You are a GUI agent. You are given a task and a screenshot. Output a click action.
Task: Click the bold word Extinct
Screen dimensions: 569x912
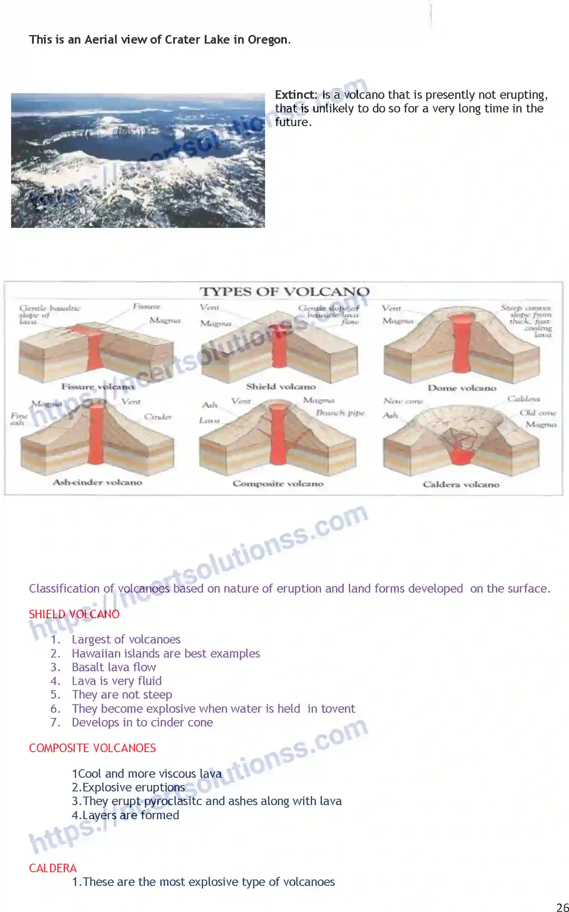[x=295, y=95]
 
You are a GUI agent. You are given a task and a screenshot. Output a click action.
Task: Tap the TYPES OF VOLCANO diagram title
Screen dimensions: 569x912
[x=284, y=292]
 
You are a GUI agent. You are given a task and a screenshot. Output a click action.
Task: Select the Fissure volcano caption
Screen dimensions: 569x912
[x=97, y=387]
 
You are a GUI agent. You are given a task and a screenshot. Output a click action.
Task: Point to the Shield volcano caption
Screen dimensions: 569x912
[x=281, y=387]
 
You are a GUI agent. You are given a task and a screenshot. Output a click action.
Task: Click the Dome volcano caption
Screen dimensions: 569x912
[x=462, y=388]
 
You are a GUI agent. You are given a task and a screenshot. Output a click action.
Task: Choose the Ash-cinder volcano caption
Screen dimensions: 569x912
[x=97, y=482]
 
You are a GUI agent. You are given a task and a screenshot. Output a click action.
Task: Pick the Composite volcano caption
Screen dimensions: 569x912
[x=278, y=484]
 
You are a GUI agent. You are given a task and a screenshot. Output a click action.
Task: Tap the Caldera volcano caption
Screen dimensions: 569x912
[x=461, y=484]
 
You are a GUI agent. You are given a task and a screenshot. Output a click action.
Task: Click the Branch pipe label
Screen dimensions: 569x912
[x=340, y=413]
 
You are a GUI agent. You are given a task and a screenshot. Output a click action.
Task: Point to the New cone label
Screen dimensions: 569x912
[x=403, y=401]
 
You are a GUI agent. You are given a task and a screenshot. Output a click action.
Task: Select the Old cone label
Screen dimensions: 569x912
[x=538, y=413]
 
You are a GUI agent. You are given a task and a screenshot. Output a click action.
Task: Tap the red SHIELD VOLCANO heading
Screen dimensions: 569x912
[x=74, y=614]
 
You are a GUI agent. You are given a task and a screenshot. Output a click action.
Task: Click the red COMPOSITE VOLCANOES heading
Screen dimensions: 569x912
[x=92, y=748]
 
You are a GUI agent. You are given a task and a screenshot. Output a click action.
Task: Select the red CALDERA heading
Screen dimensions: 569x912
[x=53, y=868]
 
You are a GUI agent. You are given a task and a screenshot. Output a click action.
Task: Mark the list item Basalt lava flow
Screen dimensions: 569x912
[x=114, y=667]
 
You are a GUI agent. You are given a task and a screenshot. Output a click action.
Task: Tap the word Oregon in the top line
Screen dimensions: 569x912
[x=268, y=40]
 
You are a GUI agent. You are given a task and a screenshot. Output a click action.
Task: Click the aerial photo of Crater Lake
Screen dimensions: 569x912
[x=138, y=160]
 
